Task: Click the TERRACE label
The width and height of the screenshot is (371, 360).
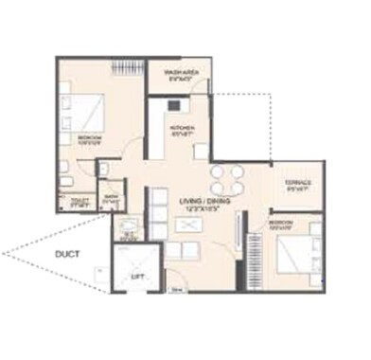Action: (298, 182)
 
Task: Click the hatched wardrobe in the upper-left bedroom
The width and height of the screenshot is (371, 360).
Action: (127, 69)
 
